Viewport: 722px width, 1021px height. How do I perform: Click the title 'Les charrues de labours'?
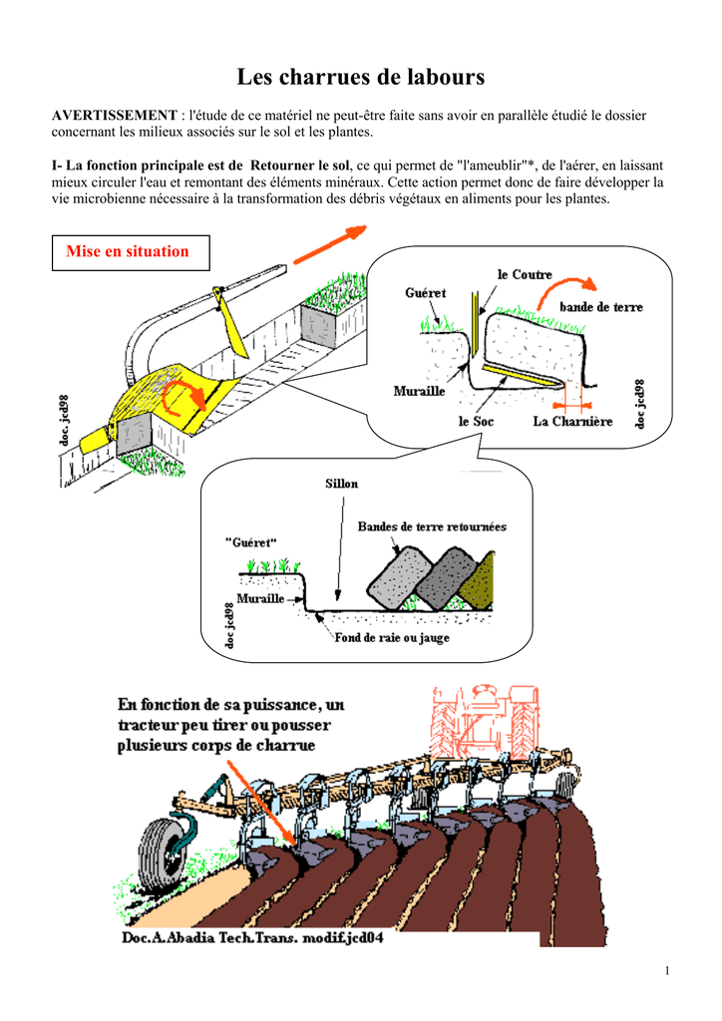point(360,77)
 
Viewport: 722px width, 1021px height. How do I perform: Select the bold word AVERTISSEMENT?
point(114,117)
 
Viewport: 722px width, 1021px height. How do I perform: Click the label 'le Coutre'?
point(525,274)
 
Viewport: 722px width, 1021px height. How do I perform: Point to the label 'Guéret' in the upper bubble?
point(426,293)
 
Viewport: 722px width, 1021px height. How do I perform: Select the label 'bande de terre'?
point(600,307)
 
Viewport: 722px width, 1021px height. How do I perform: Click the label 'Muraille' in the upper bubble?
point(419,391)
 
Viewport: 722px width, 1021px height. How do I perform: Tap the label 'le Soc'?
point(476,421)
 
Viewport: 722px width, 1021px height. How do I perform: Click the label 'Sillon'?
point(341,484)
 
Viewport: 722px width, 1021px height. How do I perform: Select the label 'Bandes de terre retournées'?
point(432,526)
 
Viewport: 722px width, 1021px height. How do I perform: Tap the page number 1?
point(665,971)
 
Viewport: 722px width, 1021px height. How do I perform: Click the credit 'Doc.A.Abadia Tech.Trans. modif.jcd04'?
point(253,938)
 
